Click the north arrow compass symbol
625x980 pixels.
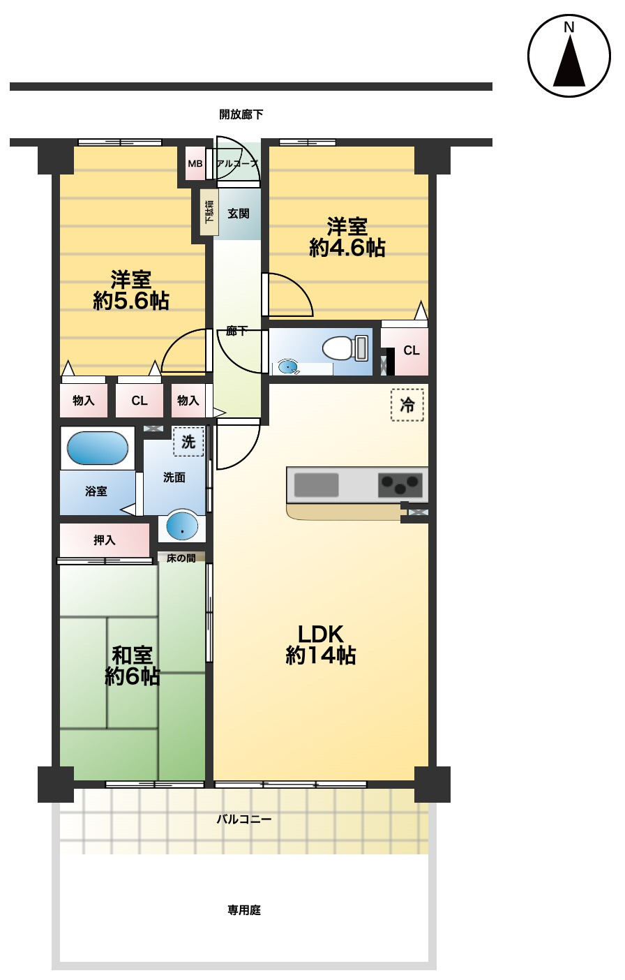568,56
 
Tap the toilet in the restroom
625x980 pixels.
345,348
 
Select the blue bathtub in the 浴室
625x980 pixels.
98,448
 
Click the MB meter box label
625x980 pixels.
195,163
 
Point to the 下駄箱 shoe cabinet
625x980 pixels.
209,211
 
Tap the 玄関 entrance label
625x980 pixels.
238,214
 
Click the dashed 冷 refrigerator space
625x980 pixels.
407,405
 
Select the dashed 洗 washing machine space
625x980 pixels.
188,442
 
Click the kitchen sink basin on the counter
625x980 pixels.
316,485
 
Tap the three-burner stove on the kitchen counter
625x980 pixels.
400,485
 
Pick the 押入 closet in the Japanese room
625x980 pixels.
105,540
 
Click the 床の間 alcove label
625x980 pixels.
181,558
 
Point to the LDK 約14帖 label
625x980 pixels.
320,646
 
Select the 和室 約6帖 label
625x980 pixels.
132,665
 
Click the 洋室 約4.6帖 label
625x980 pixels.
347,237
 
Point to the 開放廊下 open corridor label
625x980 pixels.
241,114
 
